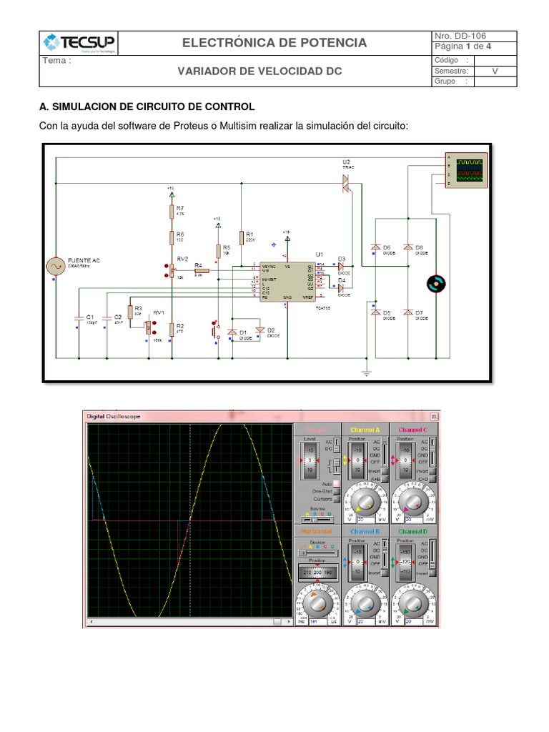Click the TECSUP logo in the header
(78, 42)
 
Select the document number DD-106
(473, 36)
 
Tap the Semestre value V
(495, 71)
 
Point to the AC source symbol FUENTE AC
(54, 267)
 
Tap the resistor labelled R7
(172, 210)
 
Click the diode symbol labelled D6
(375, 247)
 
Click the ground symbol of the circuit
(366, 370)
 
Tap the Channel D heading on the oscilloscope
(413, 532)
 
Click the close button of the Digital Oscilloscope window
(433, 415)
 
